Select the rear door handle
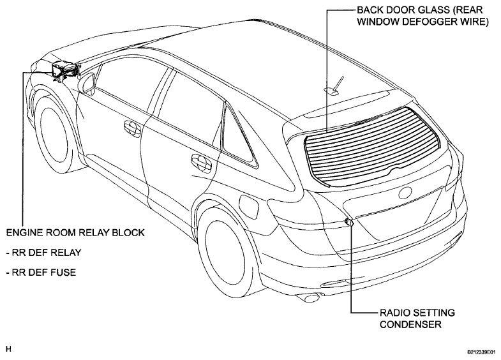tap(201, 162)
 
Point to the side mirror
tap(87, 82)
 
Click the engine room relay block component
tap(65, 70)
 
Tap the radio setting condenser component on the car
tap(348, 221)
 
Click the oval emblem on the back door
tap(405, 193)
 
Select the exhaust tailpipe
tap(310, 297)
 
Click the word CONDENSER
tap(410, 324)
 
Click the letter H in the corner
tap(9, 349)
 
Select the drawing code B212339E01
tap(482, 352)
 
